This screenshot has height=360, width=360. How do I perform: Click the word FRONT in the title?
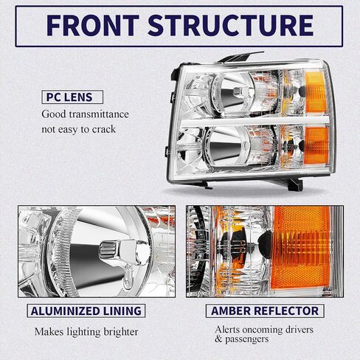pyautogui.click(x=93, y=25)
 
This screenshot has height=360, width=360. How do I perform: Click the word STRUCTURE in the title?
pyautogui.click(x=231, y=25)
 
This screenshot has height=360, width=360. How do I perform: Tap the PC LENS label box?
pyautogui.click(x=72, y=97)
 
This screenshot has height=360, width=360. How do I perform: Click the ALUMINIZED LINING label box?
pyautogui.click(x=86, y=311)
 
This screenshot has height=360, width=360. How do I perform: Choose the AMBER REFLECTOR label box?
pyautogui.click(x=265, y=311)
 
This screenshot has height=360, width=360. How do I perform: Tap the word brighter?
pyautogui.click(x=121, y=332)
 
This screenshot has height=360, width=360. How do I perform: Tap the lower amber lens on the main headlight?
pyautogui.click(x=316, y=145)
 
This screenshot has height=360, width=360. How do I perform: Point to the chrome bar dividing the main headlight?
pyautogui.click(x=255, y=121)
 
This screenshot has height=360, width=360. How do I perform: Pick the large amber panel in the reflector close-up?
pyautogui.click(x=302, y=249)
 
